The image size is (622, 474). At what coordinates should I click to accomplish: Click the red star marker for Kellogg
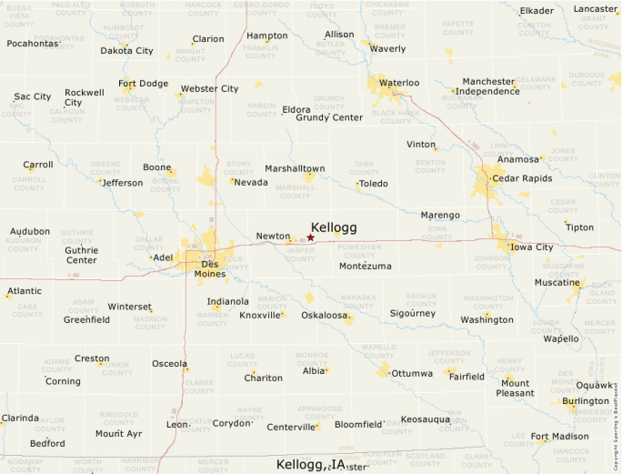click(x=310, y=237)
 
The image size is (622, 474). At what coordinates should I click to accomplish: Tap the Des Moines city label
click(x=209, y=268)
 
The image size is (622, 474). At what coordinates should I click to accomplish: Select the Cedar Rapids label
click(x=522, y=178)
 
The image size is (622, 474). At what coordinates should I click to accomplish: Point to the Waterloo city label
click(x=399, y=83)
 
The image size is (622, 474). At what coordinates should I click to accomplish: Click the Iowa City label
click(x=532, y=247)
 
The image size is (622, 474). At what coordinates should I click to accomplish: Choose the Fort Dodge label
click(x=144, y=84)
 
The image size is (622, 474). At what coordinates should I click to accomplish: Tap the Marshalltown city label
click(x=295, y=168)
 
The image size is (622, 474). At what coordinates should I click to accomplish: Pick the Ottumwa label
click(x=412, y=373)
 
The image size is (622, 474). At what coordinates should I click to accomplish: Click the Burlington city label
click(x=586, y=401)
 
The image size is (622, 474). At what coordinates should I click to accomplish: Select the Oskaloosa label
click(x=326, y=315)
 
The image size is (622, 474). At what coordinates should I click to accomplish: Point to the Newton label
click(x=273, y=236)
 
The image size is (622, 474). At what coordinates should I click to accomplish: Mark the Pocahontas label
click(x=33, y=44)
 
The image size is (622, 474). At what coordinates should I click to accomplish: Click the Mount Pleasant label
click(x=515, y=388)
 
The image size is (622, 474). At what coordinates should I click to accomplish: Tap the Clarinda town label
click(x=20, y=419)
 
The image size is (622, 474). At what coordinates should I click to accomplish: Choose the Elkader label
click(x=537, y=11)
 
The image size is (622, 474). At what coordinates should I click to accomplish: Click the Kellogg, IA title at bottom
click(x=311, y=465)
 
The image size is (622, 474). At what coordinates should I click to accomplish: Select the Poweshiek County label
click(x=359, y=250)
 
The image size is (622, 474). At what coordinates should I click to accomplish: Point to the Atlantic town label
click(x=25, y=291)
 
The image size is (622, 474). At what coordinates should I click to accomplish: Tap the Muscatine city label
click(x=557, y=282)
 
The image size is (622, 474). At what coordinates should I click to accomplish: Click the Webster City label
click(x=210, y=89)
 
